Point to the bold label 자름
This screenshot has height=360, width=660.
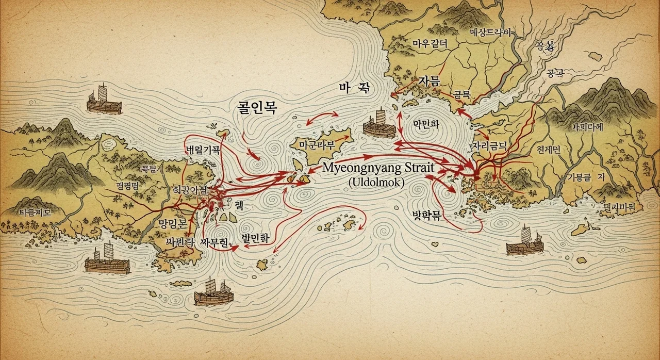click(429, 81)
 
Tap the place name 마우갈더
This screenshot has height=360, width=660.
click(430, 44)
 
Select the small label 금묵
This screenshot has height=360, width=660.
click(462, 94)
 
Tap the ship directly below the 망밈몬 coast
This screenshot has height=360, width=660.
click(107, 260)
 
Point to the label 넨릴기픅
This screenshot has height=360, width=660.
click(203, 151)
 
